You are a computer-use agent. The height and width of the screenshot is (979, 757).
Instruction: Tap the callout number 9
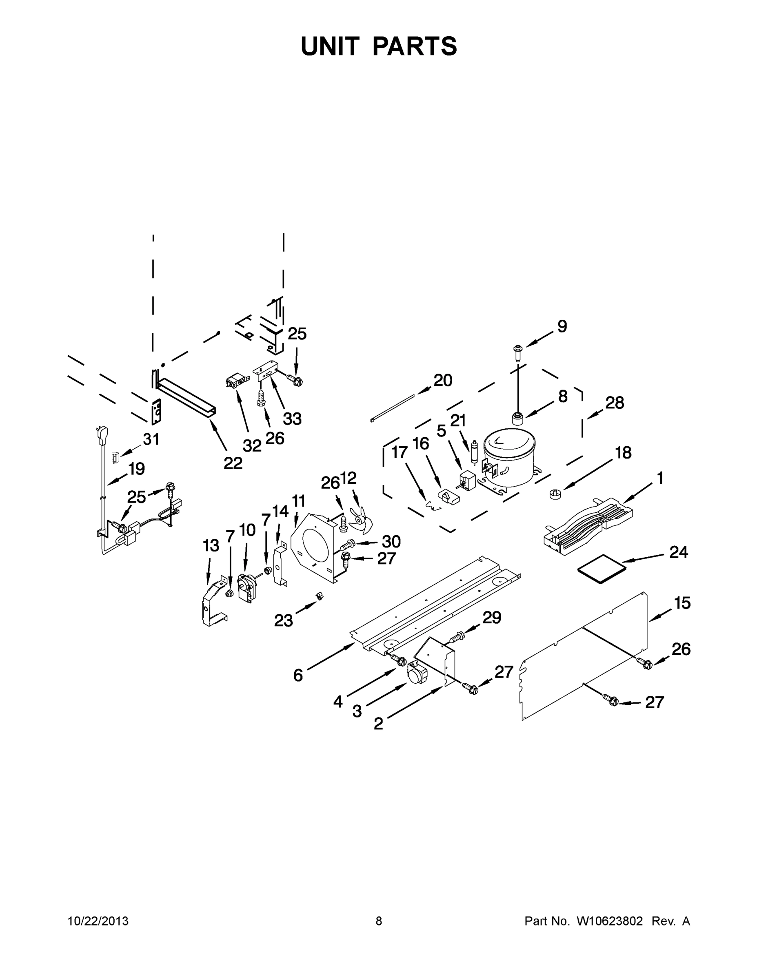(x=562, y=326)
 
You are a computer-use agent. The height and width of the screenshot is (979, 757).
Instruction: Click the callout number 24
(x=679, y=552)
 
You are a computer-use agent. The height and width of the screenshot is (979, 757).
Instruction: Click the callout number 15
(x=682, y=603)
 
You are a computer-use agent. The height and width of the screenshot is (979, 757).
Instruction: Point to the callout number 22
(x=233, y=463)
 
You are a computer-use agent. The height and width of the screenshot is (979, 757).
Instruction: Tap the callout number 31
(x=151, y=439)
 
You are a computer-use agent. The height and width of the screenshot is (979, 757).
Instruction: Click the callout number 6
(x=298, y=675)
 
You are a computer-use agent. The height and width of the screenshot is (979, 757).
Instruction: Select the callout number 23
(x=284, y=620)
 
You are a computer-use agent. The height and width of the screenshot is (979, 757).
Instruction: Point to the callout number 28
(x=615, y=403)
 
